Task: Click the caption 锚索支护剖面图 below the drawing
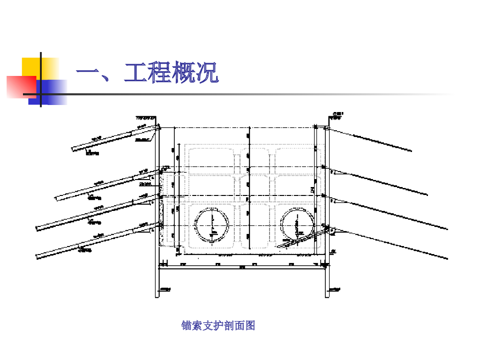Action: (218, 325)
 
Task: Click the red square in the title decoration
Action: (21, 87)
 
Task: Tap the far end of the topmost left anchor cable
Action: (73, 150)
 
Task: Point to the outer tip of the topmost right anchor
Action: (412, 151)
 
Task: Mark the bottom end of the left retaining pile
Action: (158, 296)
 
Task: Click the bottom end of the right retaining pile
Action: (327, 296)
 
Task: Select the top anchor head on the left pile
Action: (158, 127)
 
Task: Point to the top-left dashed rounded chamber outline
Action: (211, 158)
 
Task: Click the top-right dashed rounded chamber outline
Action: (298, 158)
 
